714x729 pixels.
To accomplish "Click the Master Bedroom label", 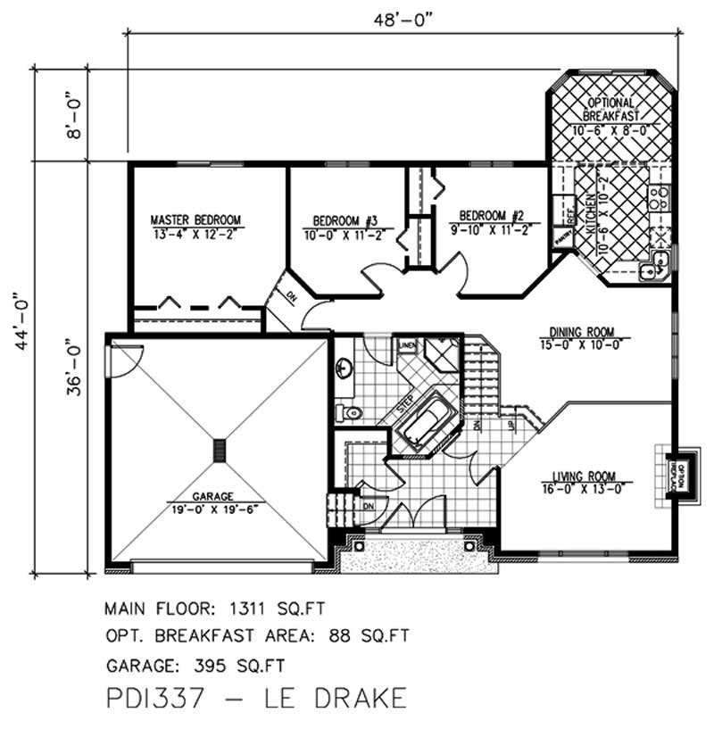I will (x=195, y=220).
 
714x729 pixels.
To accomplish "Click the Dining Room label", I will (x=584, y=330).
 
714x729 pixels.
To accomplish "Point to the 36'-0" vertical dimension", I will (x=73, y=366).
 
